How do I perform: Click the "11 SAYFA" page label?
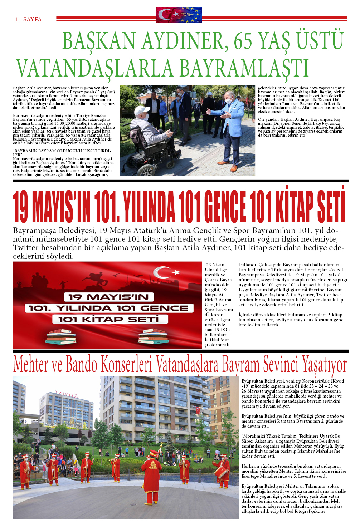(29, 19)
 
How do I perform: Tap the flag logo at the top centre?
(179, 15)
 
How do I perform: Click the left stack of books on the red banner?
(61, 337)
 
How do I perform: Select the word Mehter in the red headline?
(31, 365)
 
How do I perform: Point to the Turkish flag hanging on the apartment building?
(198, 410)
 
